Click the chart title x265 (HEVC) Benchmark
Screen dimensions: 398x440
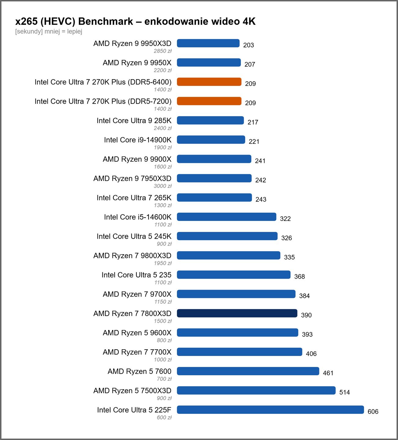74,21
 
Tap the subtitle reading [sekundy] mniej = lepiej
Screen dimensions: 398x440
49,31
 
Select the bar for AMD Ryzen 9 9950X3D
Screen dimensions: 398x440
208,43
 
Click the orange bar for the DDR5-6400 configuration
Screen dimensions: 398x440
209,82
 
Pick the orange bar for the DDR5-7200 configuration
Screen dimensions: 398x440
209,101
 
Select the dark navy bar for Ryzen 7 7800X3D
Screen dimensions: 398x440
237,313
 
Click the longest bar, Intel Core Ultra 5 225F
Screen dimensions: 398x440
271,410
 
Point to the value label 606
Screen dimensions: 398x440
373,412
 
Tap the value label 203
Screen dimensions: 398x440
249,45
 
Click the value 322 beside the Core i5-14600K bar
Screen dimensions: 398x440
286,219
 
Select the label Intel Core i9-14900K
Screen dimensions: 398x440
138,140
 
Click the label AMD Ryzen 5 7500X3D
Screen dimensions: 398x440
132,391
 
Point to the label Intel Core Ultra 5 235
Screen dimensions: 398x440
136,275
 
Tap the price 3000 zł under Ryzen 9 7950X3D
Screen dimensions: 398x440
163,186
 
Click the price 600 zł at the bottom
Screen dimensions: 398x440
164,417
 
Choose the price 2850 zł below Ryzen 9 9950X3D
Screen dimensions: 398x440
163,51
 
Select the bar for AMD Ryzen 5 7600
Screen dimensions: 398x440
248,371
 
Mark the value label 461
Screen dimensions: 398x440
328,373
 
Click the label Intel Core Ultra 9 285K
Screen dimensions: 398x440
134,120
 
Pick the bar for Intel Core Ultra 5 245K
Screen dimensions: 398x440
227,236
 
